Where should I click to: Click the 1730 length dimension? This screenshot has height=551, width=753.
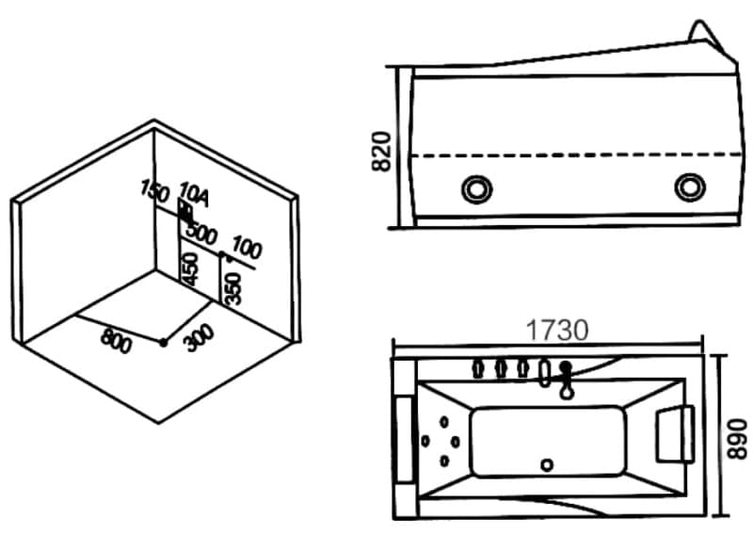pos(557,330)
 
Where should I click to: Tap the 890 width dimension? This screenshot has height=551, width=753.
pos(737,439)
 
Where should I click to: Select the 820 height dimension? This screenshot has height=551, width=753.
pos(382,151)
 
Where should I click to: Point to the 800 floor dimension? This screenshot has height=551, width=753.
pos(116,341)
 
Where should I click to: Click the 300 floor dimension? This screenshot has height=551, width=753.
pos(200,338)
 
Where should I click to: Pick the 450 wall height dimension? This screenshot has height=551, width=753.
pos(190,269)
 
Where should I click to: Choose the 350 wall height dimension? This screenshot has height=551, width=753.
pos(232,289)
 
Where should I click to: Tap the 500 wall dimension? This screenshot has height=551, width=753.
pos(201,235)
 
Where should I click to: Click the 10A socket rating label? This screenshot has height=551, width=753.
pos(195,195)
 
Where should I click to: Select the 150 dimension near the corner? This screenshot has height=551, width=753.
pos(155,190)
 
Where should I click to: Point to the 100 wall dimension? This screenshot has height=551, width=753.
pos(247,248)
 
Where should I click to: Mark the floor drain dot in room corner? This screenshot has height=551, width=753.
pos(163,343)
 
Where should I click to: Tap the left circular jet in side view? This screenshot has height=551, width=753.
pos(477,188)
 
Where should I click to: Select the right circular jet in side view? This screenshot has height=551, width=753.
pos(690,186)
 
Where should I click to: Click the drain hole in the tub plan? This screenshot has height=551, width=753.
pos(547,464)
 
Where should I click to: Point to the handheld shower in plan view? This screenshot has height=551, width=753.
pos(567,380)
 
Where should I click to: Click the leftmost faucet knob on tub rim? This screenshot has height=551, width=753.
pos(477,368)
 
